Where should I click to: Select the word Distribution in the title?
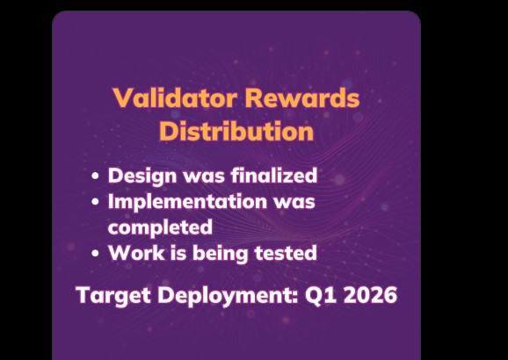[x=236, y=132]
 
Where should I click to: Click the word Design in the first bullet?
[x=136, y=175]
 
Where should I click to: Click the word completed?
[x=160, y=227]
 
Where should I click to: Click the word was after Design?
[x=191, y=175]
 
